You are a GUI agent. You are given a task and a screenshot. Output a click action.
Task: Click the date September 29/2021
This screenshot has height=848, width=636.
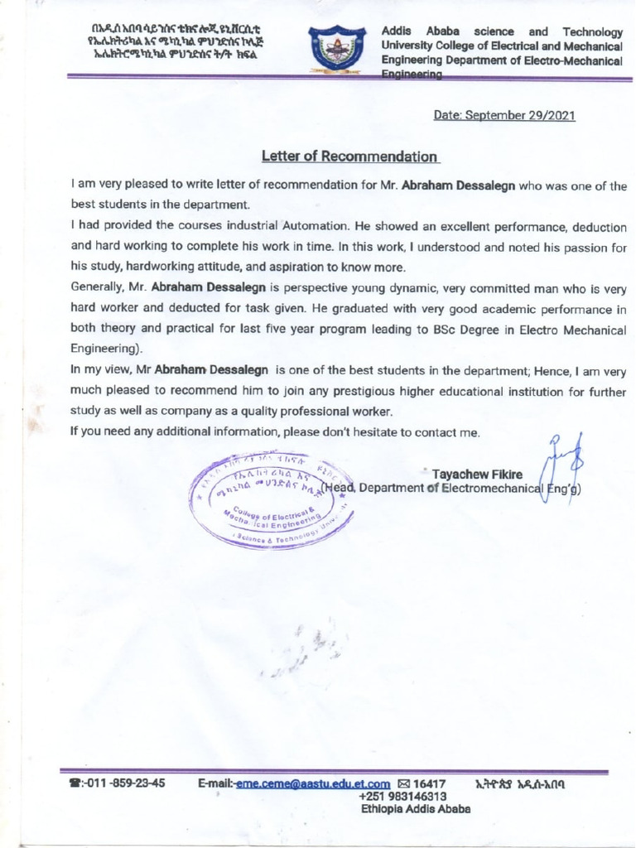[x=503, y=115]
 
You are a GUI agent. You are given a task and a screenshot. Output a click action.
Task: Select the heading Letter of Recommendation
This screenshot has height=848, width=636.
[x=349, y=156]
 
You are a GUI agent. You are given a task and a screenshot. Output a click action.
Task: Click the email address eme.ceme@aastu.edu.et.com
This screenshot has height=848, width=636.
[x=313, y=783]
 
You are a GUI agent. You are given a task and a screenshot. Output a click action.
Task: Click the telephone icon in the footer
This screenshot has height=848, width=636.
[x=74, y=783]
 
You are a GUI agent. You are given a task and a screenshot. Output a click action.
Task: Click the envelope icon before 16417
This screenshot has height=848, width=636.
[x=404, y=783]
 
